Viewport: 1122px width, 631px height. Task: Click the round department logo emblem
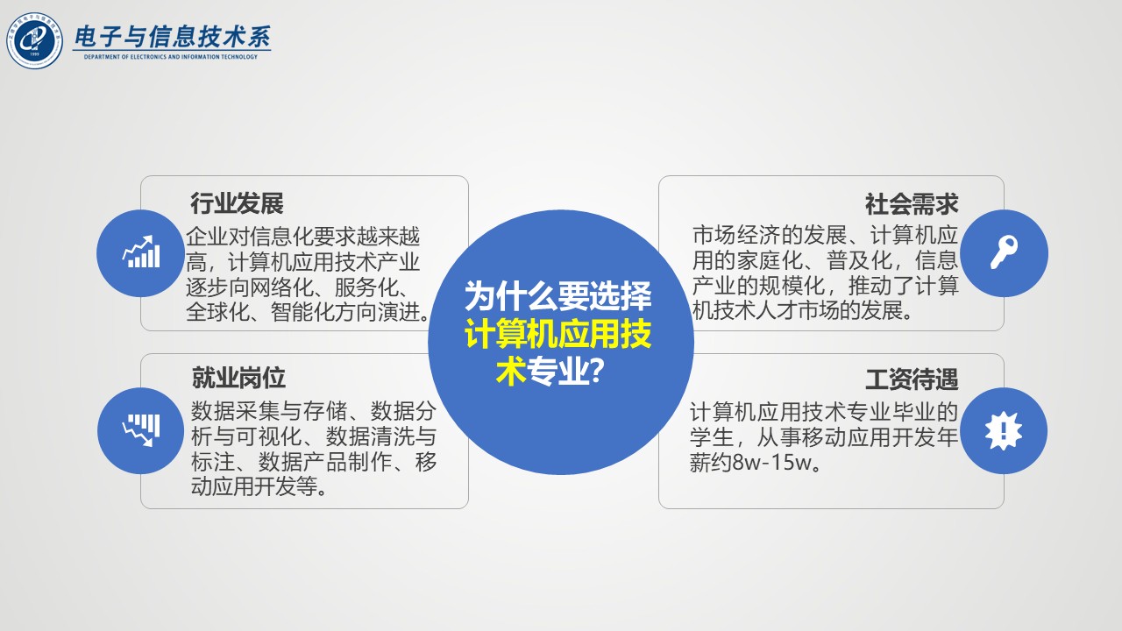[34, 40]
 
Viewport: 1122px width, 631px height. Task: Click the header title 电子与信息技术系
[172, 37]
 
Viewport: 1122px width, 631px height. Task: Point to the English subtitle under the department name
[171, 57]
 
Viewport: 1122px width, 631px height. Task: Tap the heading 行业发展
[237, 203]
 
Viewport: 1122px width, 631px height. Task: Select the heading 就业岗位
[238, 378]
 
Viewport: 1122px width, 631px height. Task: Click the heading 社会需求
[912, 204]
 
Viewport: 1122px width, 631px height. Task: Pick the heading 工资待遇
[912, 379]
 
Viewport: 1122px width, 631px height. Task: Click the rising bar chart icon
[142, 252]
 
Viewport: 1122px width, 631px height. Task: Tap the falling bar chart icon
[142, 430]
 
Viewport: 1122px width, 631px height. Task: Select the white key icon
[1004, 252]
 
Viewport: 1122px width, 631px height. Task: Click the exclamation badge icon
[1004, 430]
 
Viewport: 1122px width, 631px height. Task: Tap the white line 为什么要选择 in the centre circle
[558, 295]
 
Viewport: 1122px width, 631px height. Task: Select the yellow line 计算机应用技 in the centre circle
[558, 334]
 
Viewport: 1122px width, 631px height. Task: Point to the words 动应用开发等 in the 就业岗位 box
[253, 486]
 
